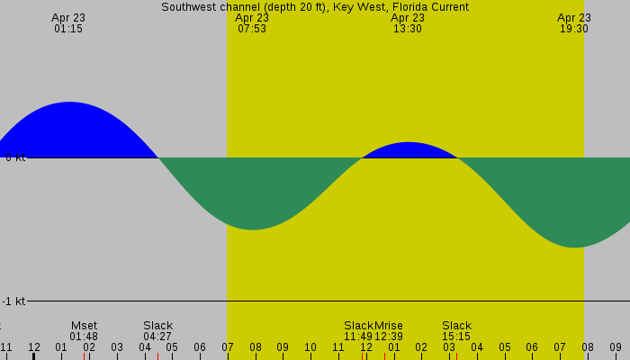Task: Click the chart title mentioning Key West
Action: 315,7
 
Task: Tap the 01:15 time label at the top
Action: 68,29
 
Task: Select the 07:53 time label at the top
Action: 252,29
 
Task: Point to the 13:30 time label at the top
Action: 408,29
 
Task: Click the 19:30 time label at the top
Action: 574,29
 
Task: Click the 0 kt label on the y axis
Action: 15,157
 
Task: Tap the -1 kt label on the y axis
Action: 13,301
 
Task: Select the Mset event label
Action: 84,326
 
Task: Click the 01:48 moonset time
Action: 84,337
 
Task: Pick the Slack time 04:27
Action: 157,337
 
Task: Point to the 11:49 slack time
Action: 358,337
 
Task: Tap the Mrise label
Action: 389,326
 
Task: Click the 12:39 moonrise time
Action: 389,337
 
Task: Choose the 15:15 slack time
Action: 456,337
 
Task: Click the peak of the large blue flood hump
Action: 68,103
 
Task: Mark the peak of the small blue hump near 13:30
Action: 409,143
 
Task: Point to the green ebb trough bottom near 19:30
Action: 574,246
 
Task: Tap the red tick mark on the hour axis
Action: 362,355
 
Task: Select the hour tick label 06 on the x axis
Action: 200,347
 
